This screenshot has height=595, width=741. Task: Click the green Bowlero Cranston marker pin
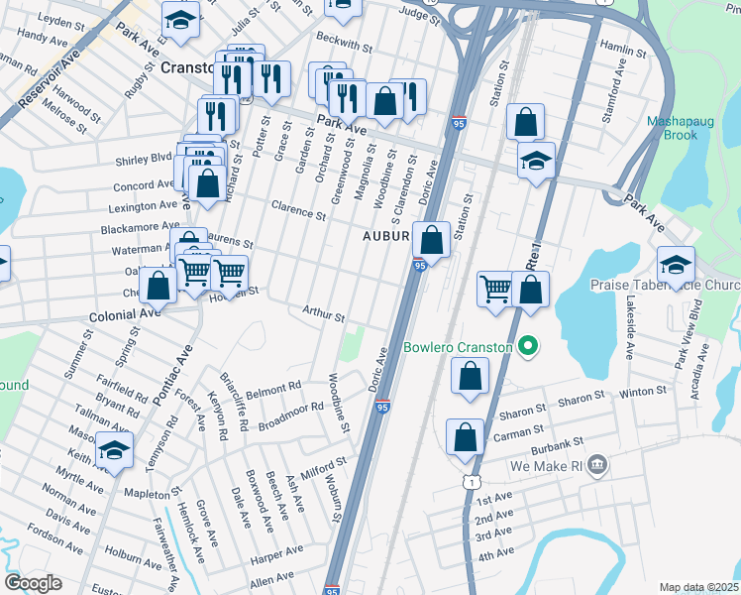(x=529, y=347)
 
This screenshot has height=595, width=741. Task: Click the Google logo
(x=33, y=583)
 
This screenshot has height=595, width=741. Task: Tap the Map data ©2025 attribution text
(x=698, y=587)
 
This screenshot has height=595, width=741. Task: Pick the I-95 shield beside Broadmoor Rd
(x=382, y=406)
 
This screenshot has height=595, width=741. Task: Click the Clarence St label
(x=298, y=211)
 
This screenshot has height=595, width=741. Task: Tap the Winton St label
(x=641, y=393)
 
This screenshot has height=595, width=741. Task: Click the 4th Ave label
(x=494, y=552)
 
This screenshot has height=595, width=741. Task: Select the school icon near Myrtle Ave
(x=115, y=450)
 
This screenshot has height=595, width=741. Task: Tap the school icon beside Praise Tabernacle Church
(x=676, y=264)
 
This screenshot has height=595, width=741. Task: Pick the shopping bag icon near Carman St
(x=465, y=436)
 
